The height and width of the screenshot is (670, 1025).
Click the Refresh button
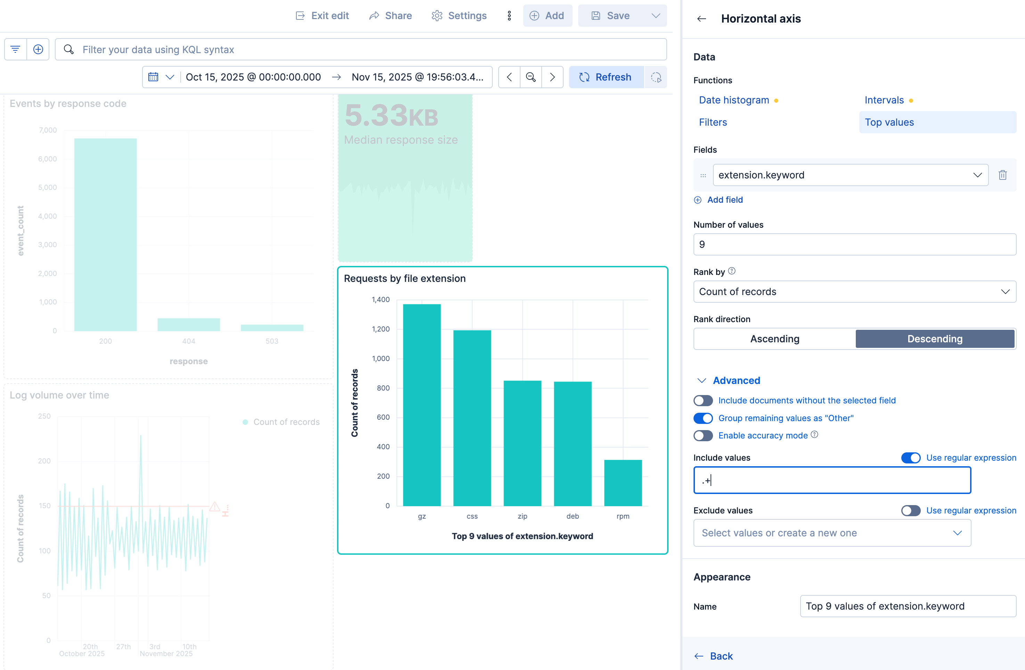pyautogui.click(x=606, y=77)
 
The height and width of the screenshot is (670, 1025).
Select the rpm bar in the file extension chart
pyautogui.click(x=622, y=483)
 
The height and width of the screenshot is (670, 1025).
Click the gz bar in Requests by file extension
pyautogui.click(x=421, y=404)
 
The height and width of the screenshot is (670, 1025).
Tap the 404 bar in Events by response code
pyautogui.click(x=189, y=325)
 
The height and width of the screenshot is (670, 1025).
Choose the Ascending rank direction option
pyautogui.click(x=774, y=339)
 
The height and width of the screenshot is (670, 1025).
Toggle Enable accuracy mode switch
pyautogui.click(x=703, y=435)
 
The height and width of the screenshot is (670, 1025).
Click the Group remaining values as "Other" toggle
pyautogui.click(x=703, y=418)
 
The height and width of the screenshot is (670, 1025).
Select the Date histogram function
pyautogui.click(x=733, y=100)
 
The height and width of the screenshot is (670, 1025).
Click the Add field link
pyautogui.click(x=724, y=200)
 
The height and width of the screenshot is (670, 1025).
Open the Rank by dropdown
pyautogui.click(x=854, y=292)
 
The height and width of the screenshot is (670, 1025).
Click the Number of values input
pyautogui.click(x=854, y=244)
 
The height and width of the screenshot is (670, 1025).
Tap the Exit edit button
pyautogui.click(x=322, y=16)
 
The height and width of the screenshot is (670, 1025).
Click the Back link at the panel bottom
pyautogui.click(x=721, y=656)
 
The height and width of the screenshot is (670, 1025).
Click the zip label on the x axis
pyautogui.click(x=522, y=516)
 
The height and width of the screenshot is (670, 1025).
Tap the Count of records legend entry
pyautogui.click(x=286, y=422)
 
